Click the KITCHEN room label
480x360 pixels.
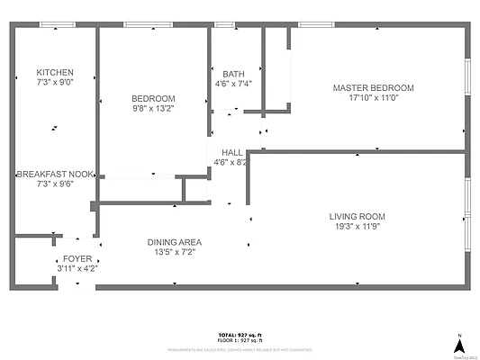[54, 73]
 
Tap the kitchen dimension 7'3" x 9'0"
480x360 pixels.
[54, 83]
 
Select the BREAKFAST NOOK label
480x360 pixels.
[55, 174]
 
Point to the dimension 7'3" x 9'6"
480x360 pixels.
[54, 184]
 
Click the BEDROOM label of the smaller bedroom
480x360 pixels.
[153, 99]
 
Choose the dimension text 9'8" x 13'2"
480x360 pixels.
[153, 109]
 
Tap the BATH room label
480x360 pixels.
[233, 75]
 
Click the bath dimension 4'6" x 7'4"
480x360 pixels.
[233, 85]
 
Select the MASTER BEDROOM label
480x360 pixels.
[373, 88]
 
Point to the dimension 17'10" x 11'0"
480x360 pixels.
[373, 99]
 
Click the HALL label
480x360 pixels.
[231, 153]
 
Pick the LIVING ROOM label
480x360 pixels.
[357, 216]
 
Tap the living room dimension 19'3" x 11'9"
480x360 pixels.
[357, 227]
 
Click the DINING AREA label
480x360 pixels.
[175, 242]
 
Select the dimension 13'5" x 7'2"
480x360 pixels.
[175, 253]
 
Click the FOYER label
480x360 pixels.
[77, 257]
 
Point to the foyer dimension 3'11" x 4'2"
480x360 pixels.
[77, 268]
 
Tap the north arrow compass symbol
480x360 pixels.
[459, 345]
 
